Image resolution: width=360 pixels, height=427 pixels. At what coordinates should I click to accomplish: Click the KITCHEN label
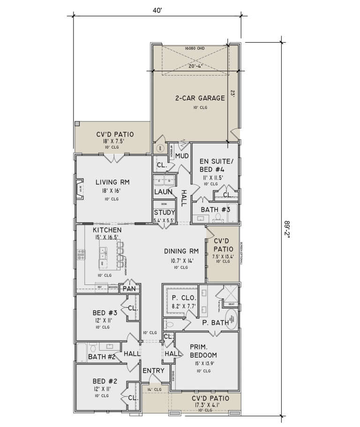[x=107, y=230]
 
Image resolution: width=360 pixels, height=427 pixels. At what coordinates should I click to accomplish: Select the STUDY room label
[x=164, y=213]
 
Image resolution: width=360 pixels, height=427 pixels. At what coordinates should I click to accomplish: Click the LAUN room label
[x=163, y=191]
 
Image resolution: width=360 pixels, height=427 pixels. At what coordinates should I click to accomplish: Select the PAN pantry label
[x=129, y=289]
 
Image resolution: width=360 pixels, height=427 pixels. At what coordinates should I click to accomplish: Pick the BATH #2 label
[x=102, y=357]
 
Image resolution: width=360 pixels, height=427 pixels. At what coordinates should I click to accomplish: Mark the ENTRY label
[x=154, y=371]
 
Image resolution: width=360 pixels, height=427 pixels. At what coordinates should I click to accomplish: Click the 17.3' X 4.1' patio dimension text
[x=206, y=405]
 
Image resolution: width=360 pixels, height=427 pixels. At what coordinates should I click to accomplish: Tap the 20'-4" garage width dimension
[x=193, y=66]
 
